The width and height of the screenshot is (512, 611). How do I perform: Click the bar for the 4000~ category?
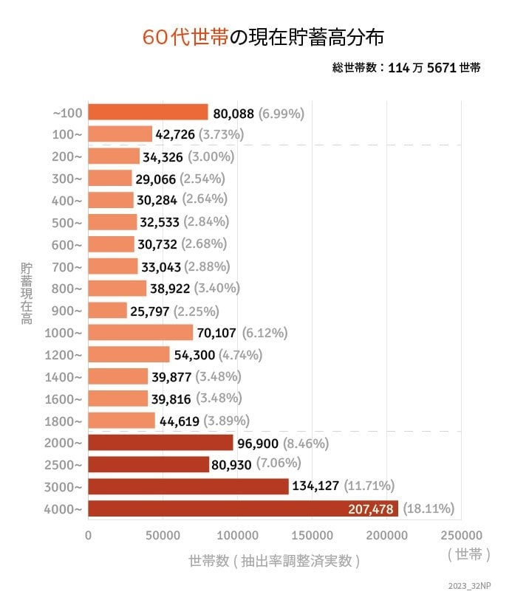coord(242,508)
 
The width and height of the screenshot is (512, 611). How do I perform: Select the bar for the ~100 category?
coord(148,112)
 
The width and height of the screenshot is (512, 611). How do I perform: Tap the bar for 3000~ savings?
coord(188,486)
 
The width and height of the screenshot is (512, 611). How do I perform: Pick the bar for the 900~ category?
coord(107,310)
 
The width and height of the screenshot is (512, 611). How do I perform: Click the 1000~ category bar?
coord(140,332)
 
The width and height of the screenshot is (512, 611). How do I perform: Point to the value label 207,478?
coord(372,508)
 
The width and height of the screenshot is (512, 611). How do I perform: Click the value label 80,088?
coord(233,114)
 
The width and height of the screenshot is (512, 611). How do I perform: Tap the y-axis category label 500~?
coord(67,222)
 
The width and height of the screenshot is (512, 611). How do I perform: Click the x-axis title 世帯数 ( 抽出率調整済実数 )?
coord(274,561)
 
